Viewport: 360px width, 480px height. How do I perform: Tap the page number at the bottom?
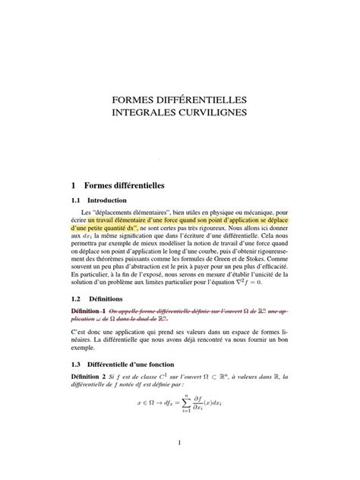click(x=179, y=443)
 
